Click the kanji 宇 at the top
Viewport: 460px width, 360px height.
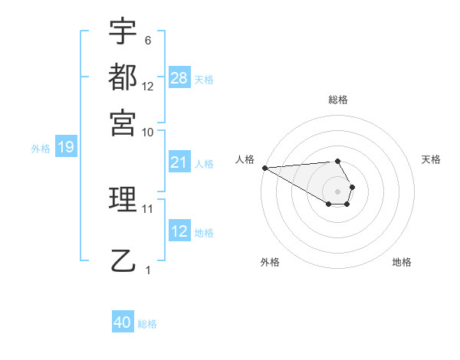click(x=123, y=33)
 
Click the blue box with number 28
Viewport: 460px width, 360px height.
click(x=179, y=78)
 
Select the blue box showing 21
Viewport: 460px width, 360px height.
click(x=179, y=162)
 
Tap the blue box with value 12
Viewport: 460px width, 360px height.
click(x=179, y=231)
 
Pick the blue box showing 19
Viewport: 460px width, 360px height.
click(x=66, y=148)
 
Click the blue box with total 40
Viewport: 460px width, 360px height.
click(x=123, y=322)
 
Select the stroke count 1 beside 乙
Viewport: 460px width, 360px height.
click(x=148, y=270)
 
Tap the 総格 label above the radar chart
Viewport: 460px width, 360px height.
click(x=337, y=100)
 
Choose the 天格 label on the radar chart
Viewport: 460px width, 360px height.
click(x=431, y=159)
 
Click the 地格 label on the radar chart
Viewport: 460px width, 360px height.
click(x=402, y=262)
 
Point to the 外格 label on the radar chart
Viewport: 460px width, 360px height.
click(x=270, y=262)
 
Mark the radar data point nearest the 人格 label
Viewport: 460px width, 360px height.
click(x=264, y=168)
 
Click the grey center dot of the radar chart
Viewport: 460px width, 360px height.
click(x=337, y=191)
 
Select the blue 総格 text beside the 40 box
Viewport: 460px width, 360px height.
click(x=147, y=324)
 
